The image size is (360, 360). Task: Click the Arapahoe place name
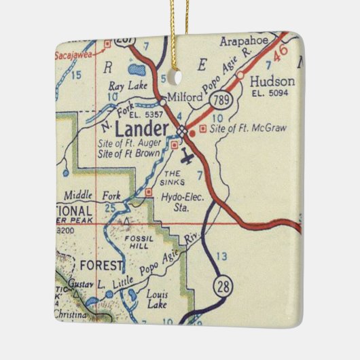click(247, 41)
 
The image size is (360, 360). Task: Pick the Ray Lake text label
click(126, 86)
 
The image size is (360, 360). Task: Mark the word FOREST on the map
click(99, 264)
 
